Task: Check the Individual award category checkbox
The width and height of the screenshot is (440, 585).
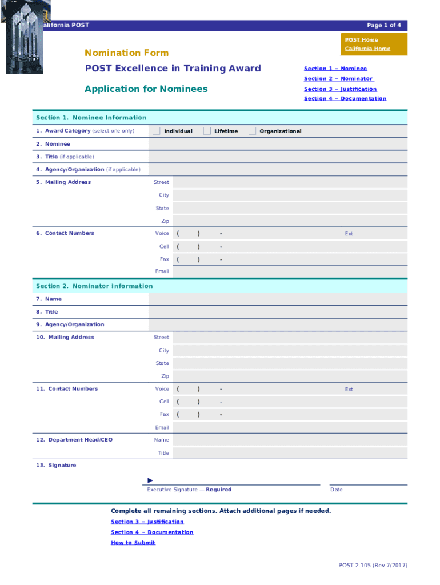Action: (x=157, y=131)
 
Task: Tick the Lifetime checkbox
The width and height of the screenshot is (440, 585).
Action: (x=207, y=131)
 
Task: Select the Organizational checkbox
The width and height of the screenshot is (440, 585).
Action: (x=252, y=131)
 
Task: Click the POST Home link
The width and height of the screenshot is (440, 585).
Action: (x=361, y=39)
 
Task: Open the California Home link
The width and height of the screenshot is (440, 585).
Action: (x=367, y=49)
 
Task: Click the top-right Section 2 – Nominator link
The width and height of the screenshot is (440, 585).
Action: (x=338, y=78)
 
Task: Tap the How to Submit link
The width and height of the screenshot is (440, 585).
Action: (x=133, y=542)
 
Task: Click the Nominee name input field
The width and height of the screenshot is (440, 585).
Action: (x=278, y=144)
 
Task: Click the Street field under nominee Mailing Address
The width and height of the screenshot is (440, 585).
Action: (x=289, y=182)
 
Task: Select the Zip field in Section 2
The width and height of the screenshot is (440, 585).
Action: (x=289, y=376)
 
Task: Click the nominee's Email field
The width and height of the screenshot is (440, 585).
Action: (x=289, y=271)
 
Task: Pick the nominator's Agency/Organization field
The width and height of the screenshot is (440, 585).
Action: (x=278, y=324)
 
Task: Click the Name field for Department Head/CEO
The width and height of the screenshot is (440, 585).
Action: (x=289, y=440)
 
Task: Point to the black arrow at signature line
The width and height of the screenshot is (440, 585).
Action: (x=150, y=480)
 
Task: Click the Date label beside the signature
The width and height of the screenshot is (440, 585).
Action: (x=336, y=490)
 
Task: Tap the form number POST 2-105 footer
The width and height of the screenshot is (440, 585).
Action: (x=373, y=566)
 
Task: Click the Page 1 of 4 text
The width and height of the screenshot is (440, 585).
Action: (x=383, y=25)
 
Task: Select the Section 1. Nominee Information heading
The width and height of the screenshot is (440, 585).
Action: (x=91, y=118)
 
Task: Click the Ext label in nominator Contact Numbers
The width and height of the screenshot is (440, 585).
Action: (x=349, y=389)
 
